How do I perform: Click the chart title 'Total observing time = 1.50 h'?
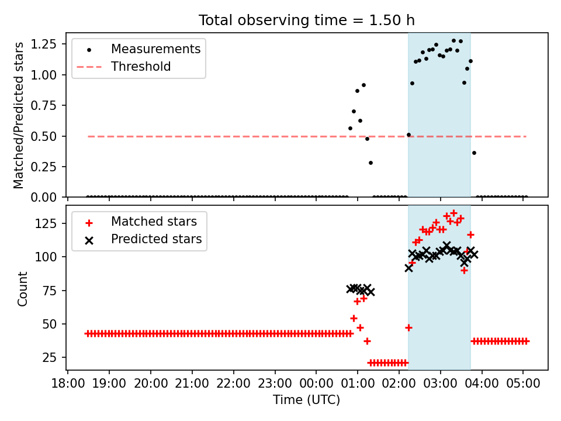point(307,20)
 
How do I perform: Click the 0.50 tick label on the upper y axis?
point(44,136)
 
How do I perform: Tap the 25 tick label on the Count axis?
point(49,358)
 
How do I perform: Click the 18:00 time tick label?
point(68,384)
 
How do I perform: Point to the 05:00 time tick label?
point(523,384)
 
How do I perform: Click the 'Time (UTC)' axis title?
point(307,399)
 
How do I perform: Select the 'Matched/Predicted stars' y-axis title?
point(18,115)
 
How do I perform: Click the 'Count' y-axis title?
point(22,289)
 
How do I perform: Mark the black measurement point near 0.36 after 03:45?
point(474,153)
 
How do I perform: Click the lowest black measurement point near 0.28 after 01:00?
point(370,163)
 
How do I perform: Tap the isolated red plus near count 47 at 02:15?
point(408,327)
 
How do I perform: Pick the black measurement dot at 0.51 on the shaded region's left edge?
point(408,135)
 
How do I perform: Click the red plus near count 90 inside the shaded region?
point(464,271)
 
